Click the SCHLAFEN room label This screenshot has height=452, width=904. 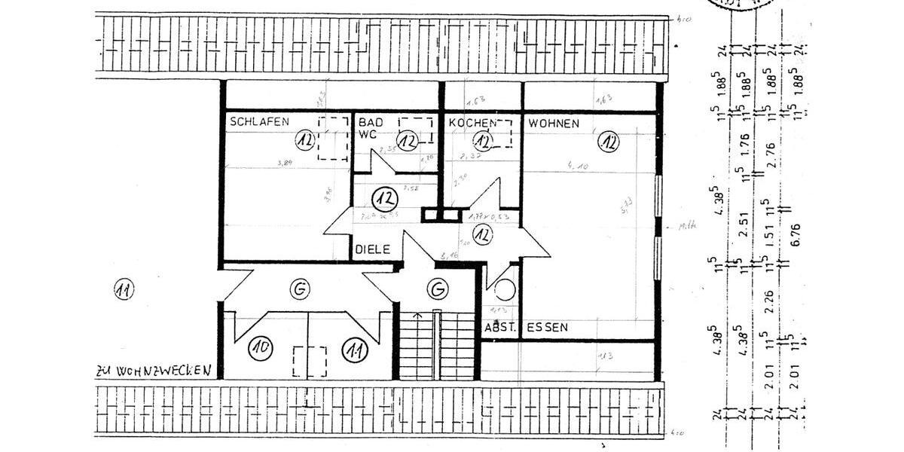pos(260,121)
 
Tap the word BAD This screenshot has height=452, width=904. pos(369,122)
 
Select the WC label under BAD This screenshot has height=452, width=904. pos(367,134)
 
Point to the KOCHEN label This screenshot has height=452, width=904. pos(472,123)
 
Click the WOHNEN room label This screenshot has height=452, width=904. pos(554,123)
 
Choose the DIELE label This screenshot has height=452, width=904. pos(372,249)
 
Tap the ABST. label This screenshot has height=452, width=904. pos(499,328)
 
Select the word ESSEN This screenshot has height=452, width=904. pos(548,328)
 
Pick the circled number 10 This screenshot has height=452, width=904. pos(261,348)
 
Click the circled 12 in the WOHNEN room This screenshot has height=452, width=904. pos(608,141)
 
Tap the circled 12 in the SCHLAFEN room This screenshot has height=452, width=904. pos(304,140)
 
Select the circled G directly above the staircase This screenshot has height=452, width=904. pos(436,288)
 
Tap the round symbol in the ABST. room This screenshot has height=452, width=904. pos(503,287)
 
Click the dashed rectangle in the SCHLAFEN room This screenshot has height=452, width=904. pos(332,138)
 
